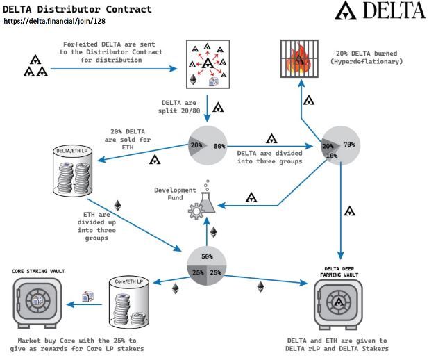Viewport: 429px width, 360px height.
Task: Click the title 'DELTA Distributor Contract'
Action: point(77,9)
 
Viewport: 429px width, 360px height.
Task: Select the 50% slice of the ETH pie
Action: point(207,256)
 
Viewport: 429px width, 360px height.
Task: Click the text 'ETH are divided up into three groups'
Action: point(92,226)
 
